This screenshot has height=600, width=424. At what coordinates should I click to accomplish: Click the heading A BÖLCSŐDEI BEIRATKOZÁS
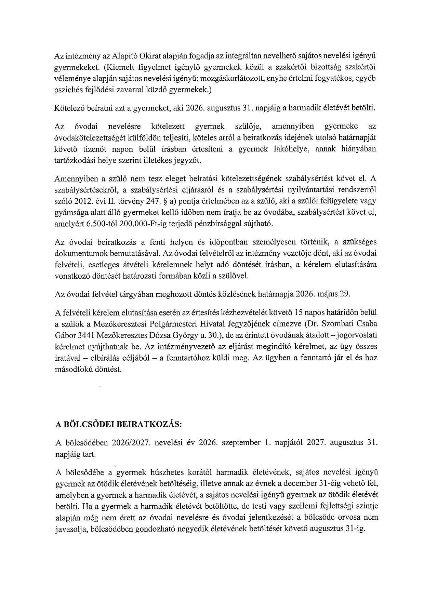tap(119, 424)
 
